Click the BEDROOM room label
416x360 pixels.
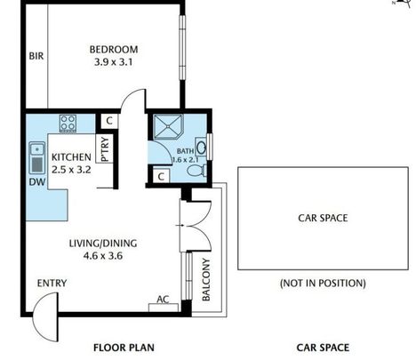(x=114, y=48)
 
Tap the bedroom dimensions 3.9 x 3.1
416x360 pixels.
(x=114, y=62)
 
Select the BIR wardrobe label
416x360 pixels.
(x=36, y=55)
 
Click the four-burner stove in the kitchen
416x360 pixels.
(x=68, y=121)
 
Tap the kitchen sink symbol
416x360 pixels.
(x=37, y=159)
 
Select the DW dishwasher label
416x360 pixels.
(x=36, y=181)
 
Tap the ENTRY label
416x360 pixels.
(x=52, y=284)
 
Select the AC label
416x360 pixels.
(x=163, y=300)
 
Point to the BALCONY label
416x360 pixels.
(x=206, y=279)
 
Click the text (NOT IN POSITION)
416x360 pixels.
(x=322, y=284)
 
